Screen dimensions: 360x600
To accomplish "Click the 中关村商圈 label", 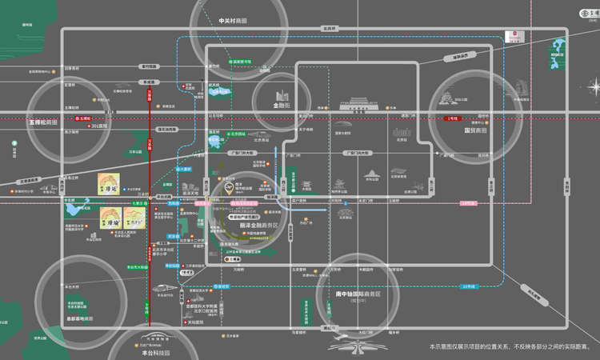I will pos(233,20).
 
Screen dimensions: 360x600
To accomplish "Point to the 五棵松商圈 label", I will pos(44,122).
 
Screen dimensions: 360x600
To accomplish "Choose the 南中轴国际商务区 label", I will pos(357,294).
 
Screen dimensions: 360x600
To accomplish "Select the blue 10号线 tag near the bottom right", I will pos(469,286).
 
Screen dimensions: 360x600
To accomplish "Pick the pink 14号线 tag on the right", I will pos(470,203).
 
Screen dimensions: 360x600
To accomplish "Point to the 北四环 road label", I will pos(329,28).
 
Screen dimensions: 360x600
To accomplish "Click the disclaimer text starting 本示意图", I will pos(510,346).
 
